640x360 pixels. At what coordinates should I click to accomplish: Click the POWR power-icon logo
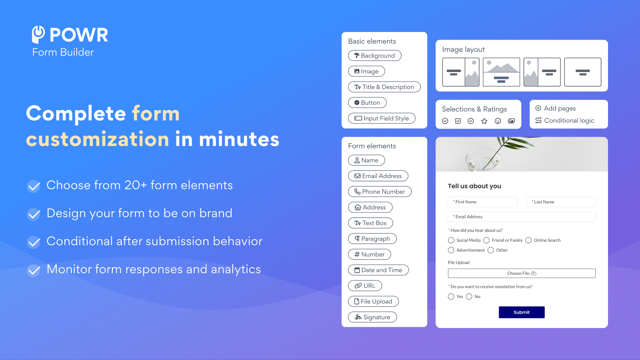(38, 34)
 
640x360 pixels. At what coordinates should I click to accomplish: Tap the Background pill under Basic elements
(374, 56)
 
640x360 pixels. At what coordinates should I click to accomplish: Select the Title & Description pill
(384, 87)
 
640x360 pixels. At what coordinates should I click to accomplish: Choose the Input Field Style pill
(382, 118)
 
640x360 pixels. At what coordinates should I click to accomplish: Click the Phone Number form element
(380, 192)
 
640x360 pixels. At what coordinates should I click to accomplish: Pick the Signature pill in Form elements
(372, 317)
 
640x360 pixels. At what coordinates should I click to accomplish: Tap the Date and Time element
(378, 270)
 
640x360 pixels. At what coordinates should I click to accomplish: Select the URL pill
(365, 286)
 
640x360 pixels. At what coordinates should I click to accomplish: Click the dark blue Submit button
(522, 312)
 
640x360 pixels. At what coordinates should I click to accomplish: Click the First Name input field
(482, 202)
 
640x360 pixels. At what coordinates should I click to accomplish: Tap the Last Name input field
(561, 202)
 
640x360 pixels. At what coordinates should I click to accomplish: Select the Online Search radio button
(528, 240)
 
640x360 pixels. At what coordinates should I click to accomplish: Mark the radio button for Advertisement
(451, 250)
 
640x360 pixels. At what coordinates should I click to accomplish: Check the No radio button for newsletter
(469, 296)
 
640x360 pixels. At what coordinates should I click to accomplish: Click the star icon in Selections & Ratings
(484, 121)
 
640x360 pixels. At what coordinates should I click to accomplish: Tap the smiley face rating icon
(498, 121)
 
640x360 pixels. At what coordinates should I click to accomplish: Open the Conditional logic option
(565, 120)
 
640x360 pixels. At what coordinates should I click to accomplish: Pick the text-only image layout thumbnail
(583, 72)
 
